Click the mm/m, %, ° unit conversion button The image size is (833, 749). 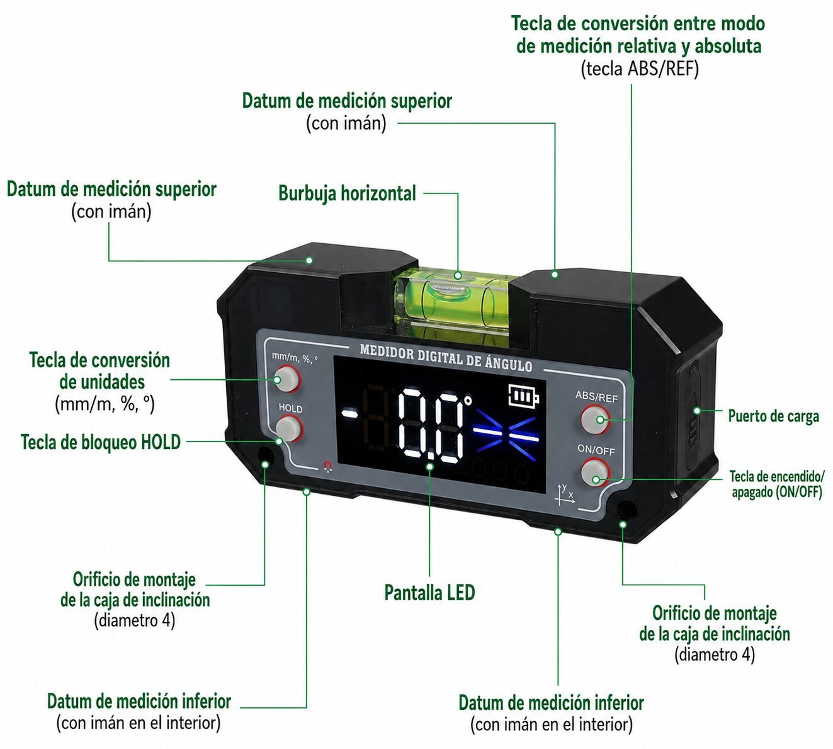[x=287, y=379]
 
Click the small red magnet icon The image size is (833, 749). [x=328, y=467]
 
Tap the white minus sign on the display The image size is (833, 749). [x=349, y=415]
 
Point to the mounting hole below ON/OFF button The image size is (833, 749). [x=625, y=511]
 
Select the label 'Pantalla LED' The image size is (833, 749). [x=429, y=593]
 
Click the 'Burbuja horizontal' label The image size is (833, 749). [x=347, y=193]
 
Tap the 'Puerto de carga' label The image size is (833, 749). [x=774, y=416]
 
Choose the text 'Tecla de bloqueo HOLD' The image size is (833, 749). [x=101, y=442]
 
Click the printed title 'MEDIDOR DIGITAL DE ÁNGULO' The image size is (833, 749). [x=446, y=358]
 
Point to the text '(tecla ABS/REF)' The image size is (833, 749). [x=640, y=69]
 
